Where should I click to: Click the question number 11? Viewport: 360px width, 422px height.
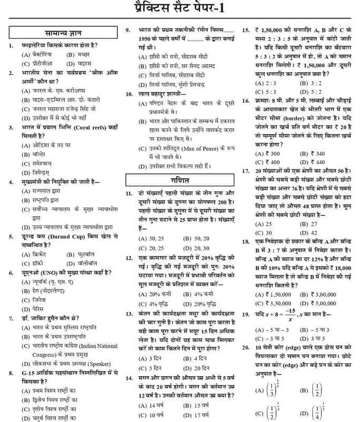(x=129, y=194)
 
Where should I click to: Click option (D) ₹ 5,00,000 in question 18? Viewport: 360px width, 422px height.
(x=317, y=303)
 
